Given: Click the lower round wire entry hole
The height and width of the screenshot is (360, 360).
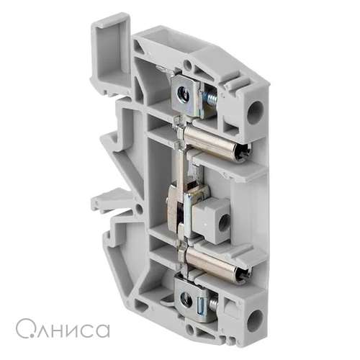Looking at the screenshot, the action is [x=255, y=321].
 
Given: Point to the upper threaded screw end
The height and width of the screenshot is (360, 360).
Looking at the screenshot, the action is [x=210, y=96].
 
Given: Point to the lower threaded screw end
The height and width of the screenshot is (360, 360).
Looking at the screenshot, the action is [x=213, y=303].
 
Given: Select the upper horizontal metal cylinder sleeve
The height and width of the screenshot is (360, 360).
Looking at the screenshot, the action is [x=216, y=142].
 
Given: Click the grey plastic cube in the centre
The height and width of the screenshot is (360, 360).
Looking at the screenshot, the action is [x=211, y=216].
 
